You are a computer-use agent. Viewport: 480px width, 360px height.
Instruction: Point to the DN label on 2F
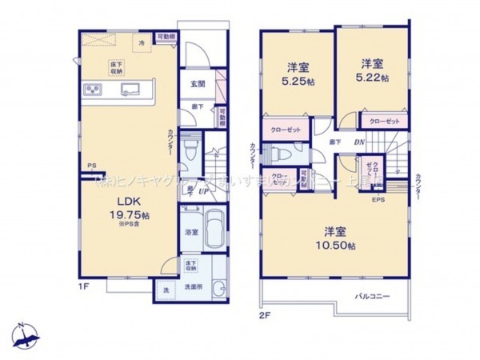[x=360, y=142]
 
